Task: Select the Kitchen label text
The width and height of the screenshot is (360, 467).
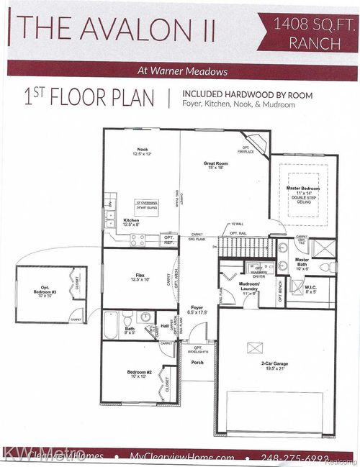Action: pos(131,222)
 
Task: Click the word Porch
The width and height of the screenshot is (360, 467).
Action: pos(197,362)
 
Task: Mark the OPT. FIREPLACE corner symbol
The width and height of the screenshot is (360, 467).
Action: pos(256,147)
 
